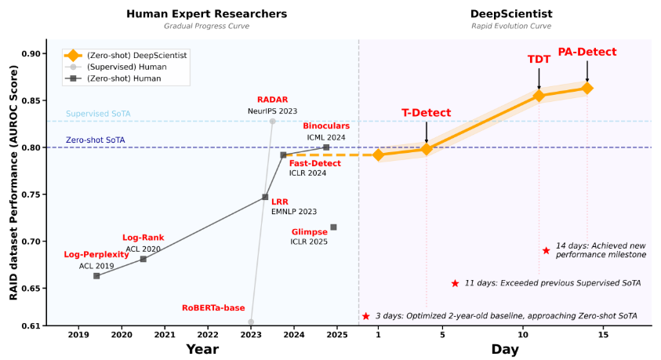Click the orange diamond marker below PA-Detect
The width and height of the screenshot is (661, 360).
pyautogui.click(x=587, y=88)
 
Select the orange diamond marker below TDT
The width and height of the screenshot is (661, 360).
pyautogui.click(x=539, y=96)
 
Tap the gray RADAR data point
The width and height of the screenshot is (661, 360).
pyautogui.click(x=272, y=121)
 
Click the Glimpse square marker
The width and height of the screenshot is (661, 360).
pyautogui.click(x=333, y=227)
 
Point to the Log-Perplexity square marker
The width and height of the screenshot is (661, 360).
pyautogui.click(x=96, y=276)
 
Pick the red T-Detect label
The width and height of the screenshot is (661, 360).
pyautogui.click(x=426, y=113)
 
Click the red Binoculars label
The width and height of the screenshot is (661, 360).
pyautogui.click(x=326, y=125)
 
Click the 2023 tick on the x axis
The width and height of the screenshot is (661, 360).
pyautogui.click(x=251, y=335)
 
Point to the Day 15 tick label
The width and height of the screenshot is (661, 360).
pyautogui.click(x=603, y=335)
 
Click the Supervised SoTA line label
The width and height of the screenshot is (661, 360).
pyautogui.click(x=98, y=114)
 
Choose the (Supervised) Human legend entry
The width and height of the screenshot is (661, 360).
pyautogui.click(x=125, y=67)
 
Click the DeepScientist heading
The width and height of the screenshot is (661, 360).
pyautogui.click(x=511, y=13)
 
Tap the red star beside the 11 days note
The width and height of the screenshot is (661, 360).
pyautogui.click(x=455, y=283)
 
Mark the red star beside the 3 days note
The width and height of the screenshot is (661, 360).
pyautogui.click(x=365, y=316)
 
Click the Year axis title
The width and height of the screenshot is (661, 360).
pyautogui.click(x=202, y=349)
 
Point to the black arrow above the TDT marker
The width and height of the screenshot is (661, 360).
pyautogui.click(x=539, y=78)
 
